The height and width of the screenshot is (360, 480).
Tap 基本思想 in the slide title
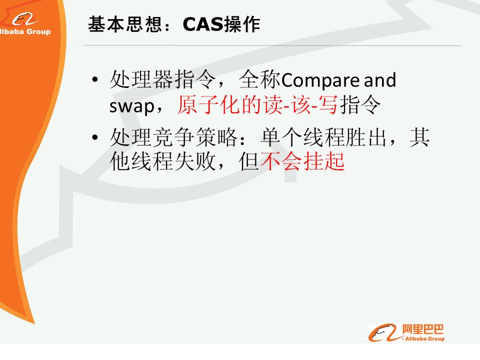(x=124, y=24)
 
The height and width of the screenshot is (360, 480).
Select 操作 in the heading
(x=242, y=24)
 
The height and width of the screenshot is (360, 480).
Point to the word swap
(x=132, y=106)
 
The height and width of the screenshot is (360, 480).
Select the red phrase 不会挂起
(x=303, y=161)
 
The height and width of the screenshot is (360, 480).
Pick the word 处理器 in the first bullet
(x=141, y=79)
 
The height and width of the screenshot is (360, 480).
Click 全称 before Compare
(x=259, y=79)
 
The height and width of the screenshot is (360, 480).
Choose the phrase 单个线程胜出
(x=323, y=137)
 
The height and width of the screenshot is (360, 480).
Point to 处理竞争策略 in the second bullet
(x=173, y=137)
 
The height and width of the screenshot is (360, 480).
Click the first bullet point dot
(x=95, y=79)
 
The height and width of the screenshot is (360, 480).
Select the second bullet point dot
(x=95, y=137)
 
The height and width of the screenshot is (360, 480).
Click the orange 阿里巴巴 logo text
(x=423, y=329)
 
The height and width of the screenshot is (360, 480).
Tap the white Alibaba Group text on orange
(x=24, y=31)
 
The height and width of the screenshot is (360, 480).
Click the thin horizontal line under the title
(x=272, y=45)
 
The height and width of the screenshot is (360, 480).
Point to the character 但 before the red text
(x=249, y=161)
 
